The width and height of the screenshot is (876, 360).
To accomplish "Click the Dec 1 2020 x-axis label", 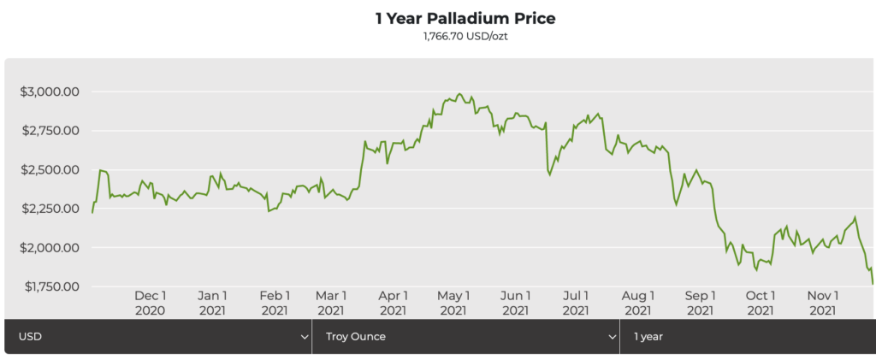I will (151, 302).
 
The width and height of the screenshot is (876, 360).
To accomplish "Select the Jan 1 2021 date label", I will (212, 302).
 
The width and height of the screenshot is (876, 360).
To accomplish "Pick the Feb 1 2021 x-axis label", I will (274, 302).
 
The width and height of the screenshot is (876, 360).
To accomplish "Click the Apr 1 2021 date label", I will (393, 302).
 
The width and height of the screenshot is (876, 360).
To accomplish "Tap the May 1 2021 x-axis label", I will (454, 302).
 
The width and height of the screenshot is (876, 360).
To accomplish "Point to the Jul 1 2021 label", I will (576, 302).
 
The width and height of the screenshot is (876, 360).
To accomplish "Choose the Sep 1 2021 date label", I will (700, 302).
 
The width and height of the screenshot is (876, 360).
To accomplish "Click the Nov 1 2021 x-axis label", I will (822, 302).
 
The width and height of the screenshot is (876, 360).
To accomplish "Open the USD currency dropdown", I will (158, 337).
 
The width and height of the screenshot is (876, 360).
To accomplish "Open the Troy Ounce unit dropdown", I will (466, 337).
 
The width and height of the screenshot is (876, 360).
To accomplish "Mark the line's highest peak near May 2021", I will (459, 93).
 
